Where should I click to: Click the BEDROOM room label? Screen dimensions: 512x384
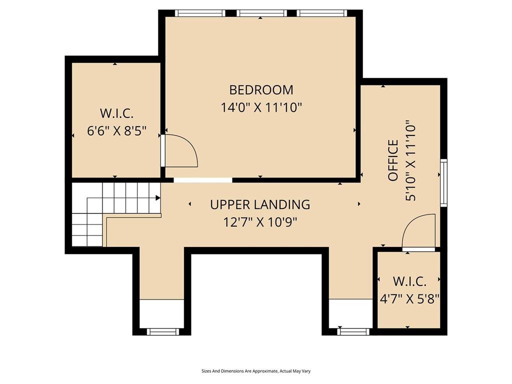click(261, 90)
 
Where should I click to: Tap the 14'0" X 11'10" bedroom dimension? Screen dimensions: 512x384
click(261, 107)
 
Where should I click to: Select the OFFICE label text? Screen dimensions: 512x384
click(393, 160)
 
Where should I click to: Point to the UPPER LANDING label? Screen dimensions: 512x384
click(260, 204)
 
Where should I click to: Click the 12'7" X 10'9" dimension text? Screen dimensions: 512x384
click(260, 222)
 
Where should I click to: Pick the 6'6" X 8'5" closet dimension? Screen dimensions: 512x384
click(116, 131)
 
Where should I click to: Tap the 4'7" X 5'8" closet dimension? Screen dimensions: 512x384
click(409, 298)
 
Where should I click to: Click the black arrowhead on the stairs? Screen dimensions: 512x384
click(157, 197)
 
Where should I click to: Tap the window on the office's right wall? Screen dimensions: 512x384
click(443, 183)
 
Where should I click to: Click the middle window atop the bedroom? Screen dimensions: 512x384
click(261, 13)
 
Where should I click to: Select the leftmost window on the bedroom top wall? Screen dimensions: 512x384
click(200, 13)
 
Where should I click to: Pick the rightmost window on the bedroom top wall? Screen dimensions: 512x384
click(321, 13)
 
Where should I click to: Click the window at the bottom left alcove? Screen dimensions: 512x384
click(162, 332)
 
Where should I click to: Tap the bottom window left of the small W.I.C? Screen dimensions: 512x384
click(353, 332)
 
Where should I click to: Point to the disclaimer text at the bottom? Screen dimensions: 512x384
click(256, 371)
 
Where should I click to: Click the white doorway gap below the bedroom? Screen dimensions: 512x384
click(203, 180)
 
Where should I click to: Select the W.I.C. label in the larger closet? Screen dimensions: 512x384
click(116, 113)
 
